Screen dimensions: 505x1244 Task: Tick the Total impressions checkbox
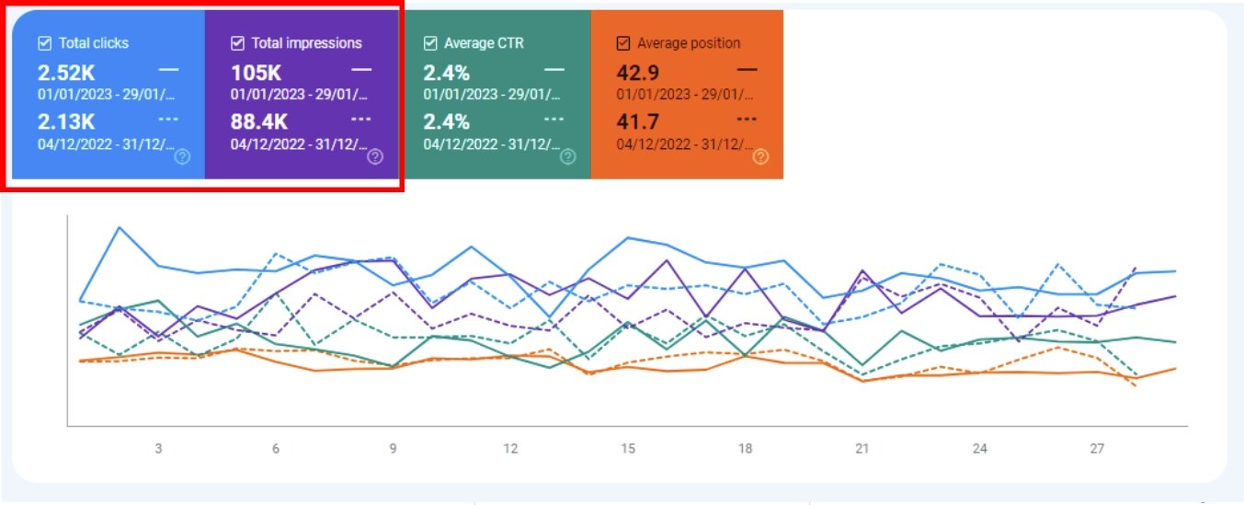click(x=238, y=43)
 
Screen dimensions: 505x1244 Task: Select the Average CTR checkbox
click(x=430, y=43)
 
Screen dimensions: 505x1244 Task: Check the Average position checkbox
click(x=623, y=43)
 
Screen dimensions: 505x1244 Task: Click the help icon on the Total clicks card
click(x=182, y=157)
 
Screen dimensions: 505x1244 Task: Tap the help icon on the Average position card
click(x=760, y=157)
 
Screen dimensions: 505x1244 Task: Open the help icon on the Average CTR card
click(x=568, y=157)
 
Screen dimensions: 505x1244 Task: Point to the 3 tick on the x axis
click(x=158, y=449)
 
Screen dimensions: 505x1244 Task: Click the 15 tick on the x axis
click(x=628, y=449)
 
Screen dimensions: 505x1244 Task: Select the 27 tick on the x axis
click(x=1097, y=449)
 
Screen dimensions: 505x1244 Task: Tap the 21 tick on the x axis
click(x=862, y=449)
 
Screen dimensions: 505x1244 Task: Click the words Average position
click(x=689, y=43)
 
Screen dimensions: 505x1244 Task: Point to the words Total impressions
click(x=307, y=43)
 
